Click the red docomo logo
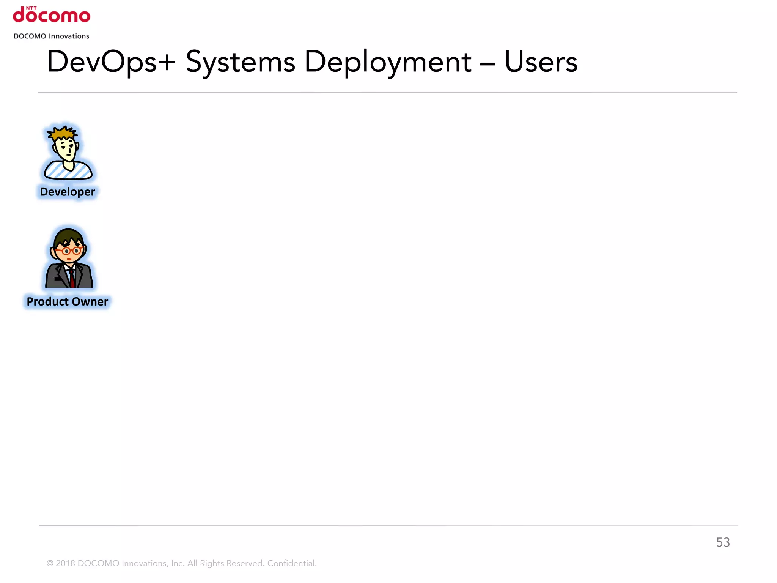click(x=52, y=16)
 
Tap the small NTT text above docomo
click(x=31, y=8)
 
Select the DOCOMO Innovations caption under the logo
click(x=52, y=36)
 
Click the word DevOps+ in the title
click(x=111, y=62)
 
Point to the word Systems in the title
click(x=240, y=62)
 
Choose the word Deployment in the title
click(x=388, y=62)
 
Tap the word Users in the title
click(x=541, y=62)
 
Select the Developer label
click(x=68, y=192)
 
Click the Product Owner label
click(x=68, y=301)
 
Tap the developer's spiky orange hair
click(x=63, y=133)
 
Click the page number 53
click(x=723, y=542)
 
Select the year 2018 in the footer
click(x=65, y=563)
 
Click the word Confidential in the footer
click(x=292, y=563)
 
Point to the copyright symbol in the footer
click(x=50, y=564)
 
